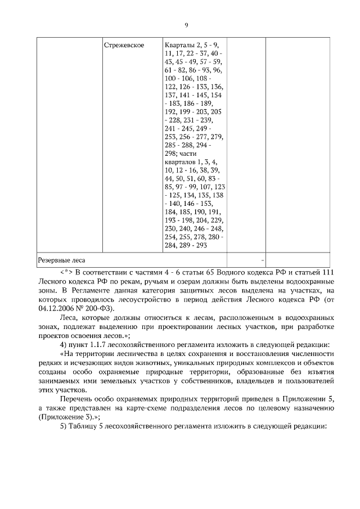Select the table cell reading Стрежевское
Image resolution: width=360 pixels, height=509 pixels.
pos(123,44)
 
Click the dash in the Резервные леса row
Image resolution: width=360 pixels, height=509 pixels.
pos(262,260)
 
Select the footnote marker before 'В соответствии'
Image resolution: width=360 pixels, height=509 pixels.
pos(66,272)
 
